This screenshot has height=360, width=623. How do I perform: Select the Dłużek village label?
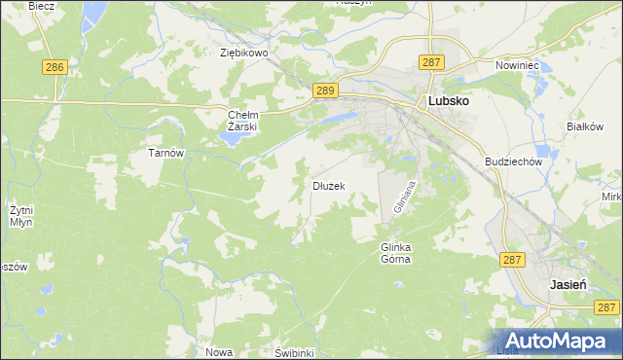pos(328,185)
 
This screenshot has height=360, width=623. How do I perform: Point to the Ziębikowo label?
pos(243,54)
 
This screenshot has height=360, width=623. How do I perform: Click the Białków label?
pos(586,126)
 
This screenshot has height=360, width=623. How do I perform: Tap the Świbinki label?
pos(293,352)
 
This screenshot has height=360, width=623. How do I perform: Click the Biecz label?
pos(41,6)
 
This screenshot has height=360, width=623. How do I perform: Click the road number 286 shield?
pos(55,67)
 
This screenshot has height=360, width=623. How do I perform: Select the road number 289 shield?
pos(326,90)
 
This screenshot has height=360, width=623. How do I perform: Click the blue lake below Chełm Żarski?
pos(230,137)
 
